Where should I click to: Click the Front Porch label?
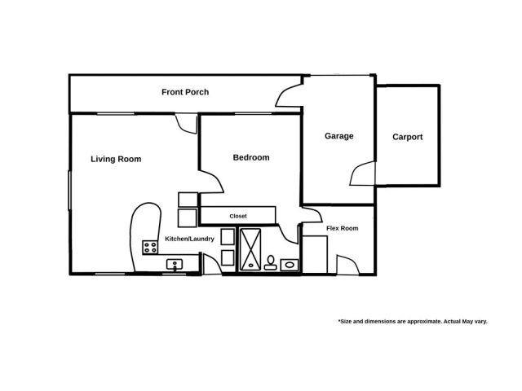tap(184, 92)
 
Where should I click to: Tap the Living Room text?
tap(116, 160)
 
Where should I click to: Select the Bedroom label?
tap(250, 158)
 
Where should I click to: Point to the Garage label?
tap(338, 136)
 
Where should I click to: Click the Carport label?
tap(407, 137)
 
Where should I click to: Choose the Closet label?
tap(238, 216)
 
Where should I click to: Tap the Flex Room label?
tap(343, 228)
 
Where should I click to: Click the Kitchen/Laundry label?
tap(189, 239)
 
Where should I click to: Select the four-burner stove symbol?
tap(150, 247)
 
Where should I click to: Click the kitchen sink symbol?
tap(174, 264)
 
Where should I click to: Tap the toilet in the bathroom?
tap(270, 261)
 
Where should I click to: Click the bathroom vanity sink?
tap(290, 264)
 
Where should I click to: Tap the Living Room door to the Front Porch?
tap(187, 124)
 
